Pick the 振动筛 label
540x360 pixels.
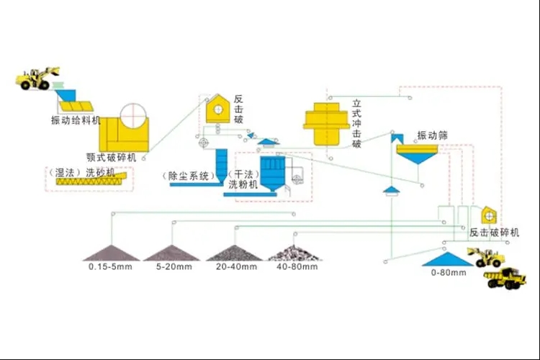(433, 135)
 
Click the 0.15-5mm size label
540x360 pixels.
(109, 266)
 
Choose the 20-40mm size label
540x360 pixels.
(235, 266)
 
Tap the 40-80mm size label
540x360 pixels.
(294, 266)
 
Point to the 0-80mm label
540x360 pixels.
(447, 273)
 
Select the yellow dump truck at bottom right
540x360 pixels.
(505, 277)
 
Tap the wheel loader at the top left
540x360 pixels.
(40, 77)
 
